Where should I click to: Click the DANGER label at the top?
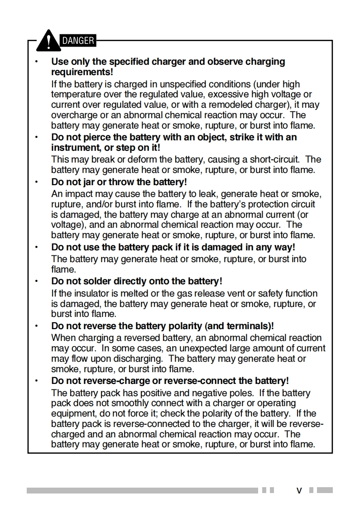point(78,41)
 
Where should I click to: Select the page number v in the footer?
point(299,490)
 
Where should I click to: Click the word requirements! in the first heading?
point(82,72)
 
